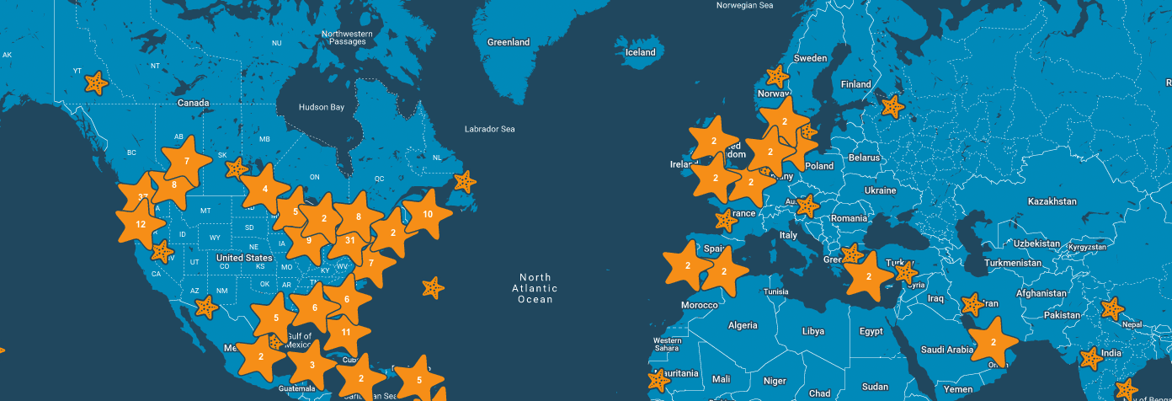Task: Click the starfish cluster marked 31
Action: tap(350, 240)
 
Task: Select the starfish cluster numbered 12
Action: tap(141, 224)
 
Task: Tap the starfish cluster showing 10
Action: tap(428, 215)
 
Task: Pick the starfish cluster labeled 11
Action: tap(346, 332)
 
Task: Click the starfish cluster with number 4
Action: tap(265, 189)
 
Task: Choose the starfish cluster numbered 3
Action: tap(312, 365)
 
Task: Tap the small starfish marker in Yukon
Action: tap(97, 83)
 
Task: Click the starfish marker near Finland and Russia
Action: tap(891, 106)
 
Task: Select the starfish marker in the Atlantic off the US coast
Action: tap(433, 288)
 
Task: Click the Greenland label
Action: tap(509, 42)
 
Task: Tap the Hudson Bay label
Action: tap(322, 108)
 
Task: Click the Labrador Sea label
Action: tap(489, 129)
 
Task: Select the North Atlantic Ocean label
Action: tap(535, 288)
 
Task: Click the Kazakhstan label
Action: tap(1052, 201)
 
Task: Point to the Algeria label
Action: tap(743, 325)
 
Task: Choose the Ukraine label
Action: tap(881, 190)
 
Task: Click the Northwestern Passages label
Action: tap(346, 38)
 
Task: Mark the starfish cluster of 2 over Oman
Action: tap(994, 342)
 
